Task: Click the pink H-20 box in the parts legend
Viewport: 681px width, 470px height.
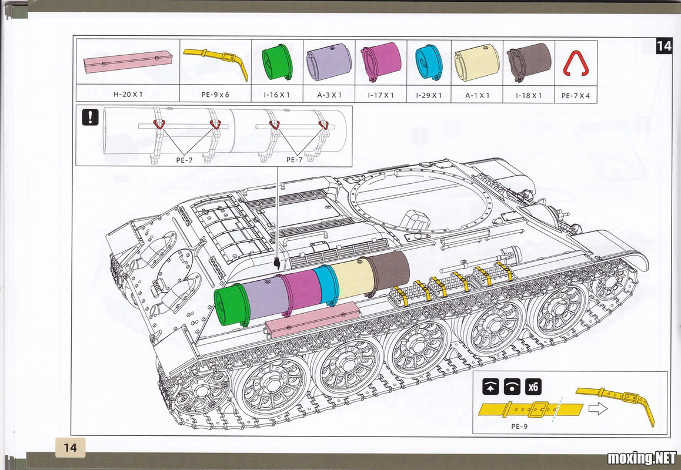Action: [128, 61]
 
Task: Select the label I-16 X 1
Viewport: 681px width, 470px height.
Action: [276, 95]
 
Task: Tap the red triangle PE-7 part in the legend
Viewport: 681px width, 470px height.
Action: [575, 63]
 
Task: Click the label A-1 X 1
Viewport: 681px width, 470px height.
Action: [478, 95]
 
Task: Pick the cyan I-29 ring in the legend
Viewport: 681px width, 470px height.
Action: [429, 62]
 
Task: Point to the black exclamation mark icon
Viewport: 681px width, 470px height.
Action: [91, 117]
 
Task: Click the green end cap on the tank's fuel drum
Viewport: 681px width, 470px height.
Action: [232, 305]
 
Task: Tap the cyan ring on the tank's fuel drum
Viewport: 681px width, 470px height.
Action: [326, 285]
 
